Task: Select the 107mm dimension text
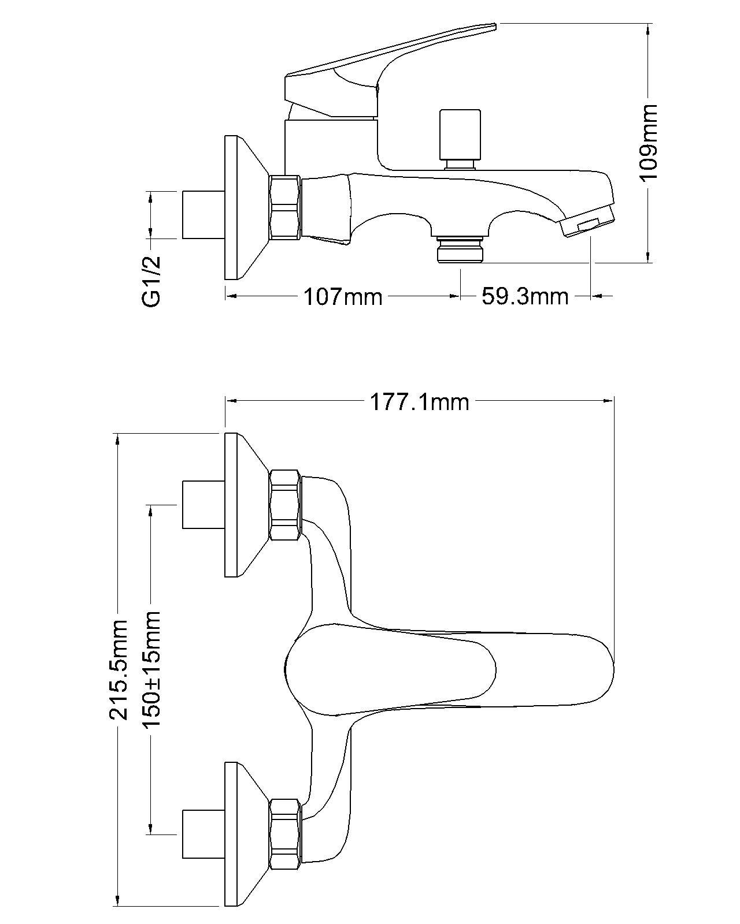tap(343, 297)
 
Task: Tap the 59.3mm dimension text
tap(525, 297)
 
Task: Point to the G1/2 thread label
tap(151, 282)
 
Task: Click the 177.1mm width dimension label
tap(419, 401)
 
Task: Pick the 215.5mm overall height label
tap(119, 670)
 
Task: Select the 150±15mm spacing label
tap(151, 670)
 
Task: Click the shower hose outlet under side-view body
tap(460, 249)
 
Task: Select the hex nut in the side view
tap(285, 208)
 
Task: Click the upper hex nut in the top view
tap(285, 505)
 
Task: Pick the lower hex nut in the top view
tap(285, 834)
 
